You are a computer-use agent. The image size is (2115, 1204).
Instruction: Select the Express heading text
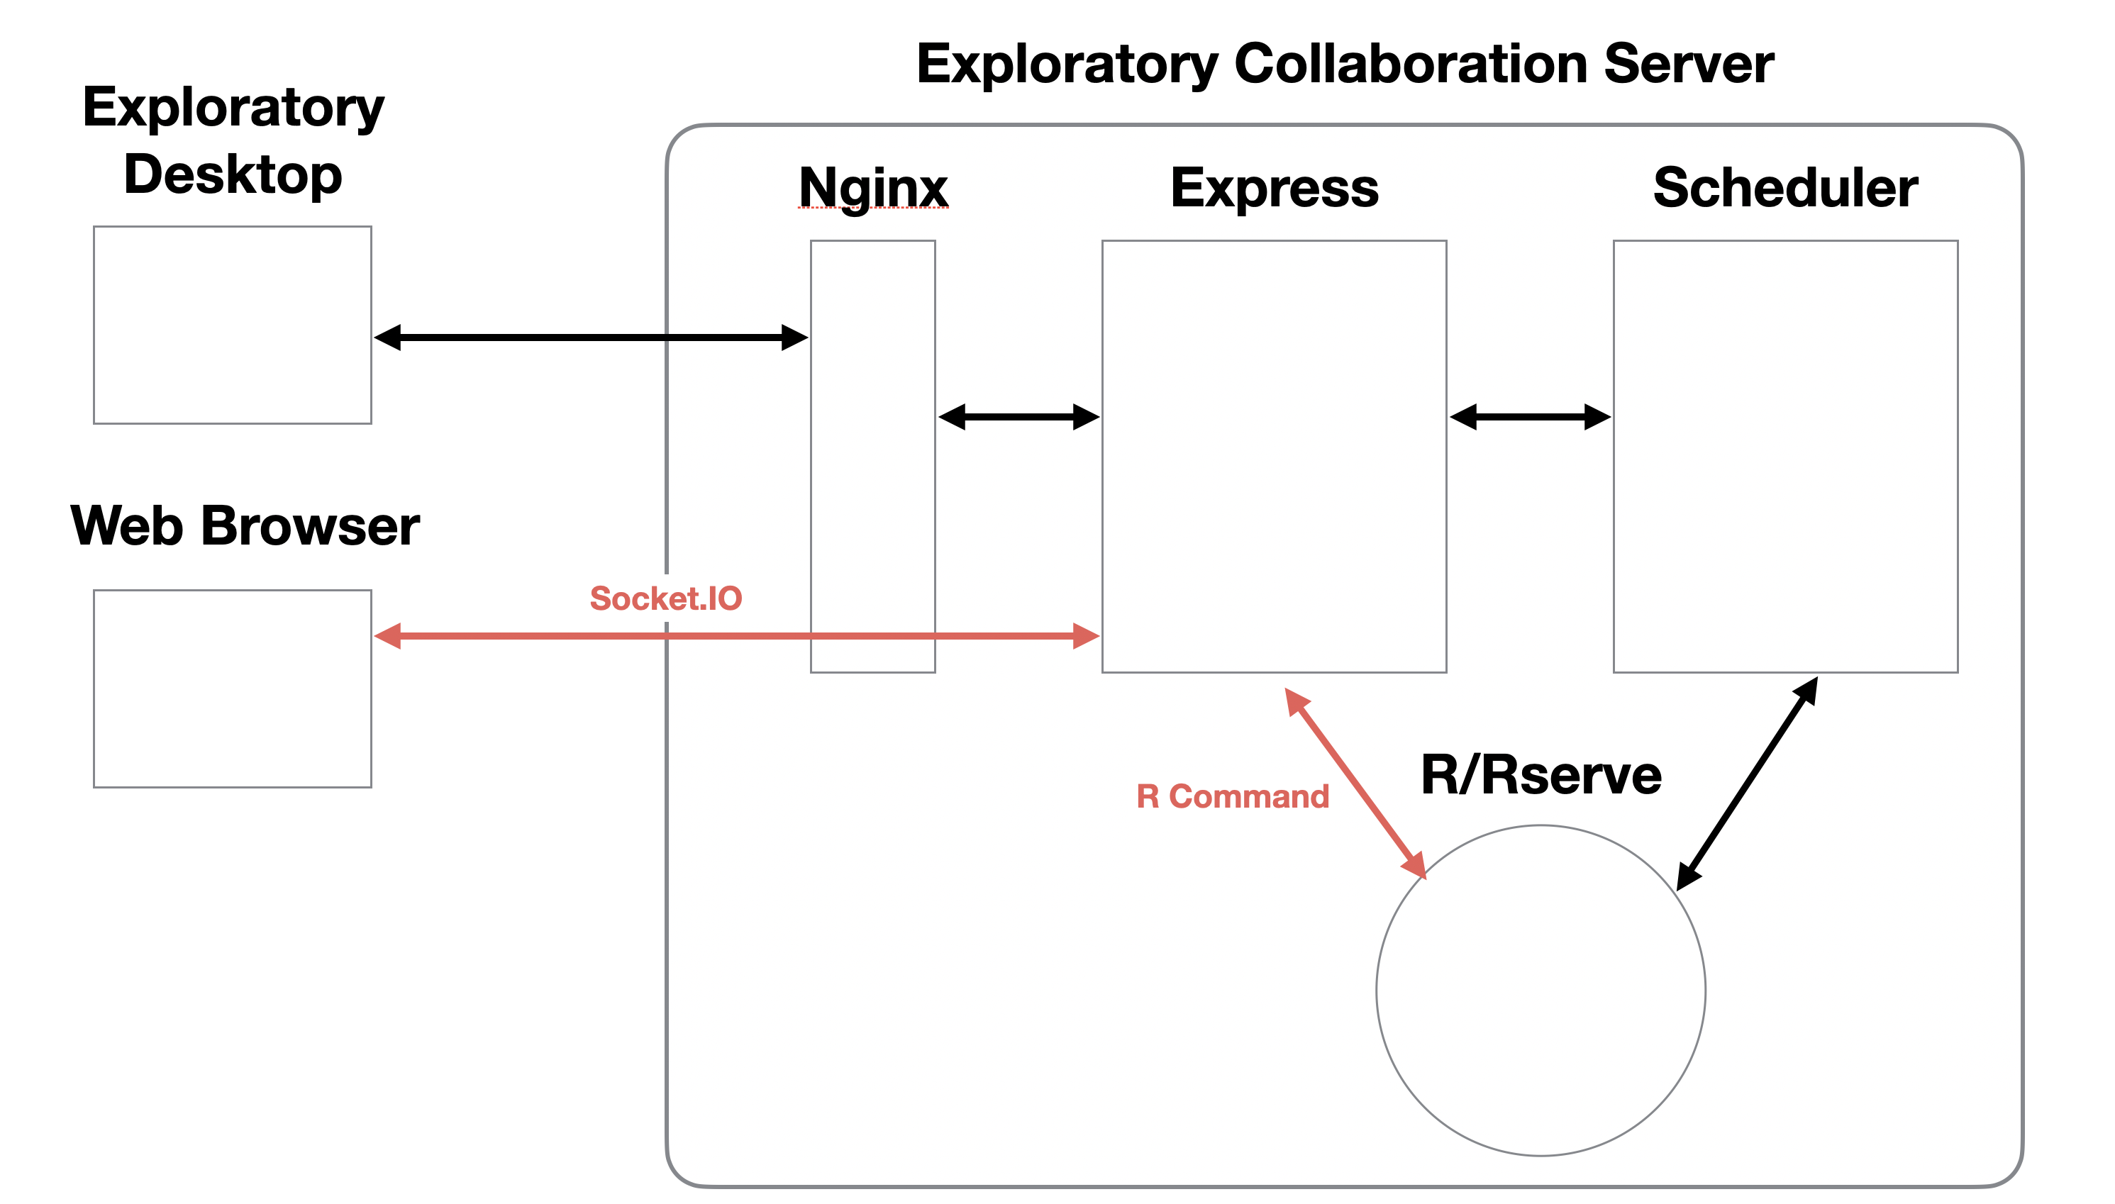coord(1275,189)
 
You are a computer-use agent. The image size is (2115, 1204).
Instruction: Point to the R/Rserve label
coord(1541,775)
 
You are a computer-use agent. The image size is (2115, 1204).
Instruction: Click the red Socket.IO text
coord(666,598)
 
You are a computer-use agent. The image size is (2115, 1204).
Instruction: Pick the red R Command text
coord(1233,796)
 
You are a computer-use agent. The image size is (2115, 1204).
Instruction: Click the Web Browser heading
coord(245,525)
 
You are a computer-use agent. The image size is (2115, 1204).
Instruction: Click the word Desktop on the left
coord(233,175)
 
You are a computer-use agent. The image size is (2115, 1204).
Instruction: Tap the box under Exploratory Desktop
coord(233,325)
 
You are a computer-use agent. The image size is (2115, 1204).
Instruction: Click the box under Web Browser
coord(233,688)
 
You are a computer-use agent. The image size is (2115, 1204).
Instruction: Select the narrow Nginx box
coord(872,457)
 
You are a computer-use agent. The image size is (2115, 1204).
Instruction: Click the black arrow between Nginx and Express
coord(1019,417)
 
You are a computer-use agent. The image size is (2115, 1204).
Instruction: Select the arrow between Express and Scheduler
coord(1530,417)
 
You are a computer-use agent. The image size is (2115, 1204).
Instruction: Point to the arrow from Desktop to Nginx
coord(592,338)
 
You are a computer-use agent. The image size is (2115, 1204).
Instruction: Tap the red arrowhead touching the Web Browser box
coord(387,636)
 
